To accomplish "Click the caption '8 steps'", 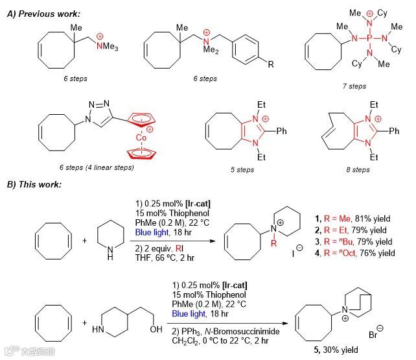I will click(x=357, y=170).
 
